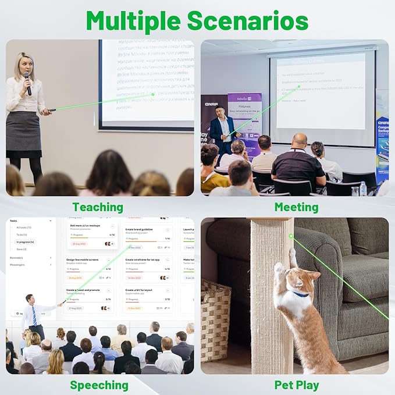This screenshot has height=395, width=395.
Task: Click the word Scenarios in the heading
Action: [x=247, y=21]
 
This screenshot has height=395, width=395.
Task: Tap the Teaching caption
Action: [x=98, y=207]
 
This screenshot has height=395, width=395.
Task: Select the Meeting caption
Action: [x=296, y=207]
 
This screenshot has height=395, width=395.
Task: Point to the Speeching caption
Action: [x=99, y=385]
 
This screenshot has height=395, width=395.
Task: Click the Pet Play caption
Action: [x=297, y=385]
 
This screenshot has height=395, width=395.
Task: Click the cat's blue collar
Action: [x=299, y=293]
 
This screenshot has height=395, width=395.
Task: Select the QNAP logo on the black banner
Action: [x=211, y=104]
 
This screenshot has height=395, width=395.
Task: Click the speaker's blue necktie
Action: [x=34, y=315]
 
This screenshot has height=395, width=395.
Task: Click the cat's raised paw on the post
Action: [x=280, y=268]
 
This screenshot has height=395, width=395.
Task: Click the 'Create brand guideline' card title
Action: [x=140, y=229]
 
